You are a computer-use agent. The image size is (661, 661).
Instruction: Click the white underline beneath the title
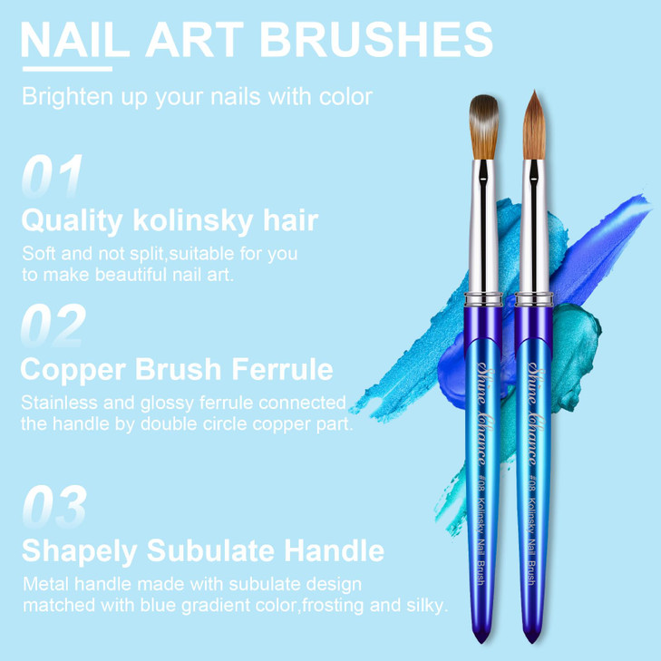click(66, 67)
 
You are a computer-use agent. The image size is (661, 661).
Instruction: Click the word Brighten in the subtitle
click(63, 97)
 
